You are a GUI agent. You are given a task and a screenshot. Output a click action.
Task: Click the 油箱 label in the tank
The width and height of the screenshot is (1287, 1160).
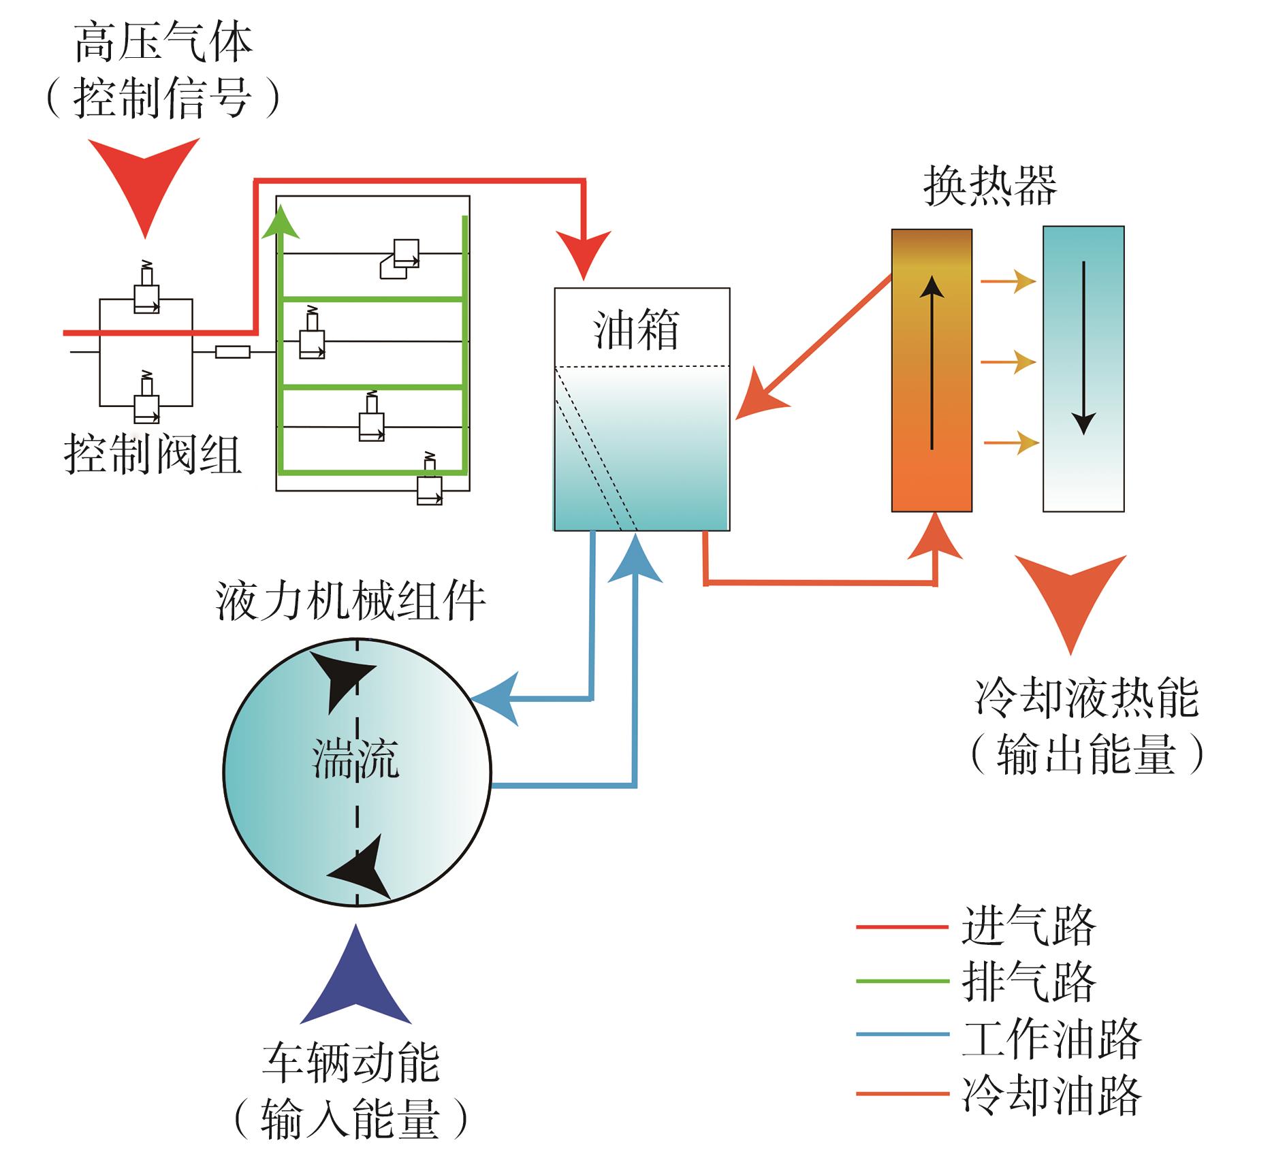click(x=636, y=331)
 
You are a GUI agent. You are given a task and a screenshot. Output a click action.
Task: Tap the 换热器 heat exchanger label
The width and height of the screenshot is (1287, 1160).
click(x=990, y=185)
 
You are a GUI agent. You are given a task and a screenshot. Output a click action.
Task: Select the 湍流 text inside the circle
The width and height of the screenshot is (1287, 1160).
click(x=355, y=758)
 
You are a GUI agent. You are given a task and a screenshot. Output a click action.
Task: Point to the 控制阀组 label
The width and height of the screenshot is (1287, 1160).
click(x=153, y=454)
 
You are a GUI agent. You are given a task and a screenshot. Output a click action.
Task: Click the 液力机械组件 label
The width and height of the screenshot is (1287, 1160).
click(x=351, y=601)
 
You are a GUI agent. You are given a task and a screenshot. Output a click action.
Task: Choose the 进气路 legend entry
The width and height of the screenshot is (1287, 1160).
click(x=1028, y=926)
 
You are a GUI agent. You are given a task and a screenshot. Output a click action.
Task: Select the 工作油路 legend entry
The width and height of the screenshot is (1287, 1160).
click(x=1051, y=1038)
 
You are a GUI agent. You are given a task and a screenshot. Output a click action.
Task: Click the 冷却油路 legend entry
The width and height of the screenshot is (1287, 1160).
click(x=1051, y=1095)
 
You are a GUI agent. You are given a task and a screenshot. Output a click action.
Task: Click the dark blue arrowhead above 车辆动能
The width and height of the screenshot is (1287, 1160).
click(x=356, y=980)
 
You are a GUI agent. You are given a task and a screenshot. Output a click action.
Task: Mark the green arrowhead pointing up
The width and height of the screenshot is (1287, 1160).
click(x=280, y=222)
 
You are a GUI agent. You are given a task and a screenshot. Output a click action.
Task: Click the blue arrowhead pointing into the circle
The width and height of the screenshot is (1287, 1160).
click(x=497, y=698)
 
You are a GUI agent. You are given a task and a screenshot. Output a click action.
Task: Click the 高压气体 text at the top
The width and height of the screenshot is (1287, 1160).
click(x=163, y=42)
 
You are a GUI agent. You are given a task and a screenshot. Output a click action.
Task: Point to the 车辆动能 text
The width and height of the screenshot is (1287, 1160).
click(x=351, y=1063)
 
